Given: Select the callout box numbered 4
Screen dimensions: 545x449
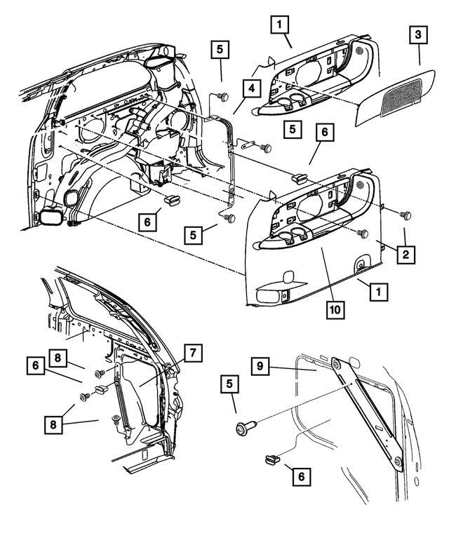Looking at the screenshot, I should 250,89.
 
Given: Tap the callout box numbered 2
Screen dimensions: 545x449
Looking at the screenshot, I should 405,255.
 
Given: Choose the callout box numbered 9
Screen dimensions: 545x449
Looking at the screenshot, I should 260,365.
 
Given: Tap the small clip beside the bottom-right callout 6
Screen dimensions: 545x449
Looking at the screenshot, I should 269,459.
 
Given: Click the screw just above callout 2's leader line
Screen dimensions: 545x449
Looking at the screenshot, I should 405,213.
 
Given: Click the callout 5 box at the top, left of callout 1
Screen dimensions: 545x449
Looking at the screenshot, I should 220,51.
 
